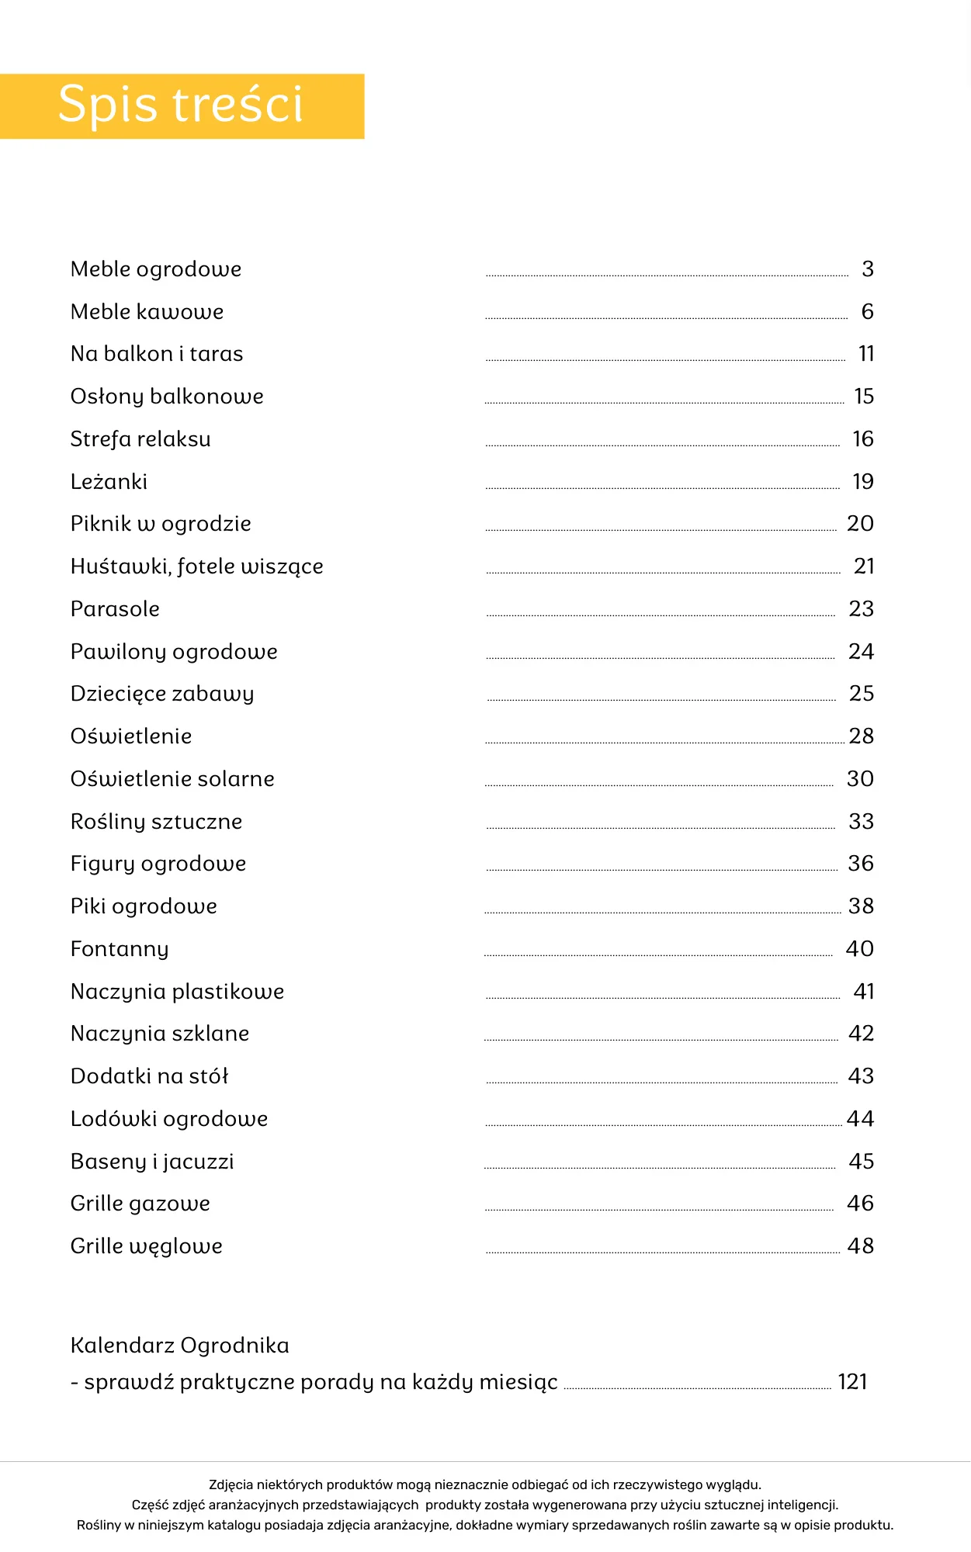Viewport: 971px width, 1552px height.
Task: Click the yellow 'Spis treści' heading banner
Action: coord(182,106)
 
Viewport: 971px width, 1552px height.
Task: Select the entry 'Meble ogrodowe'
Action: coord(156,269)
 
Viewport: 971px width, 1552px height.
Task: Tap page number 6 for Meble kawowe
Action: coord(867,312)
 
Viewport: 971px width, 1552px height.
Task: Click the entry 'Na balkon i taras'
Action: coord(157,354)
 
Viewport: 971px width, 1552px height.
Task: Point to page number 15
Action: coord(864,397)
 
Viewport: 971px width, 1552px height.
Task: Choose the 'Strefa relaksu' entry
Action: coord(140,439)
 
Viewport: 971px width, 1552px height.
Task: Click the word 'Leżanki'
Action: coord(109,482)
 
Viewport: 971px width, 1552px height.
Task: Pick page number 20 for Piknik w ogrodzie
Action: coord(860,524)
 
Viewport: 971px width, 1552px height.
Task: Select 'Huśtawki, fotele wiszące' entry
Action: coord(196,566)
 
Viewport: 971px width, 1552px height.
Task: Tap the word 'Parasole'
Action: coord(115,609)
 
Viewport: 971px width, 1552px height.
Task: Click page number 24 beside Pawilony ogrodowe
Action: coord(861,652)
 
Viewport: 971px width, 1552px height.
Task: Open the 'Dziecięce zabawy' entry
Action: coord(162,694)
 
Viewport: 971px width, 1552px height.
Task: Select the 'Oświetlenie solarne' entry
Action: coord(172,779)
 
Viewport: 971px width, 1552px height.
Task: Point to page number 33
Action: coord(861,822)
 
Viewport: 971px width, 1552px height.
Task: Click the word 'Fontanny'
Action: coord(120,949)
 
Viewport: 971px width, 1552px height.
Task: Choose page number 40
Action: coord(859,949)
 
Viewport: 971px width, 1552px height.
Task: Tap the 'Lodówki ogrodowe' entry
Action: coord(169,1119)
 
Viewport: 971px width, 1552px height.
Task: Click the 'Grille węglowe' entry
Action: coord(147,1246)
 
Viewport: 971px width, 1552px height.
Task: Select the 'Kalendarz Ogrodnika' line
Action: coord(179,1346)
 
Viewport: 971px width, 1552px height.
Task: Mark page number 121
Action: coord(852,1382)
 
